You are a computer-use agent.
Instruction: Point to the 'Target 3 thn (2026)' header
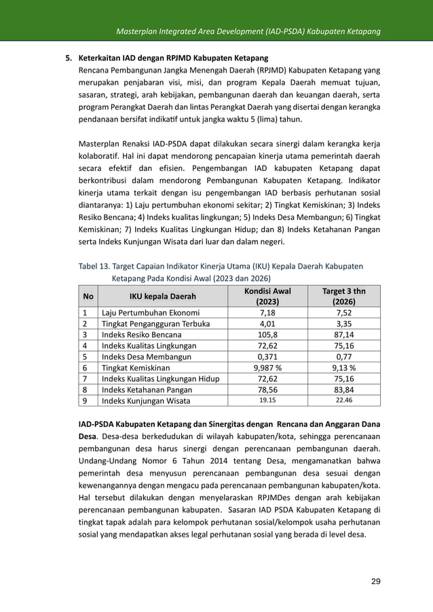pos(343,297)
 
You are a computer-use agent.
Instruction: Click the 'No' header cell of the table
pos(88,297)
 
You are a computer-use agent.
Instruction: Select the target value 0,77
pos(343,356)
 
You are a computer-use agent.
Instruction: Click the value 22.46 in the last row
pos(343,401)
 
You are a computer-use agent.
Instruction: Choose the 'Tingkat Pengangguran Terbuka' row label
pos(155,324)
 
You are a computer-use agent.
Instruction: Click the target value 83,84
pos(343,390)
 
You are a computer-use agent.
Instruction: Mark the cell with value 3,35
pos(343,324)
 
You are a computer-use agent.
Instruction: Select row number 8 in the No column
pos(85,390)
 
